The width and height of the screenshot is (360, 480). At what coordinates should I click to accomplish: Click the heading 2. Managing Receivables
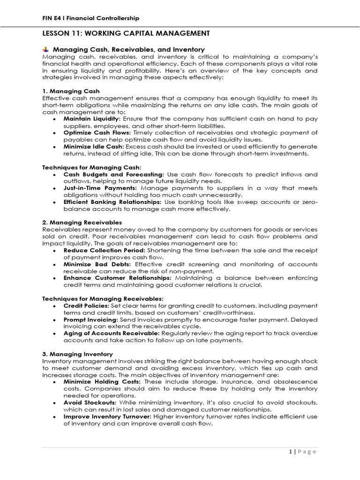click(x=82, y=222)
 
